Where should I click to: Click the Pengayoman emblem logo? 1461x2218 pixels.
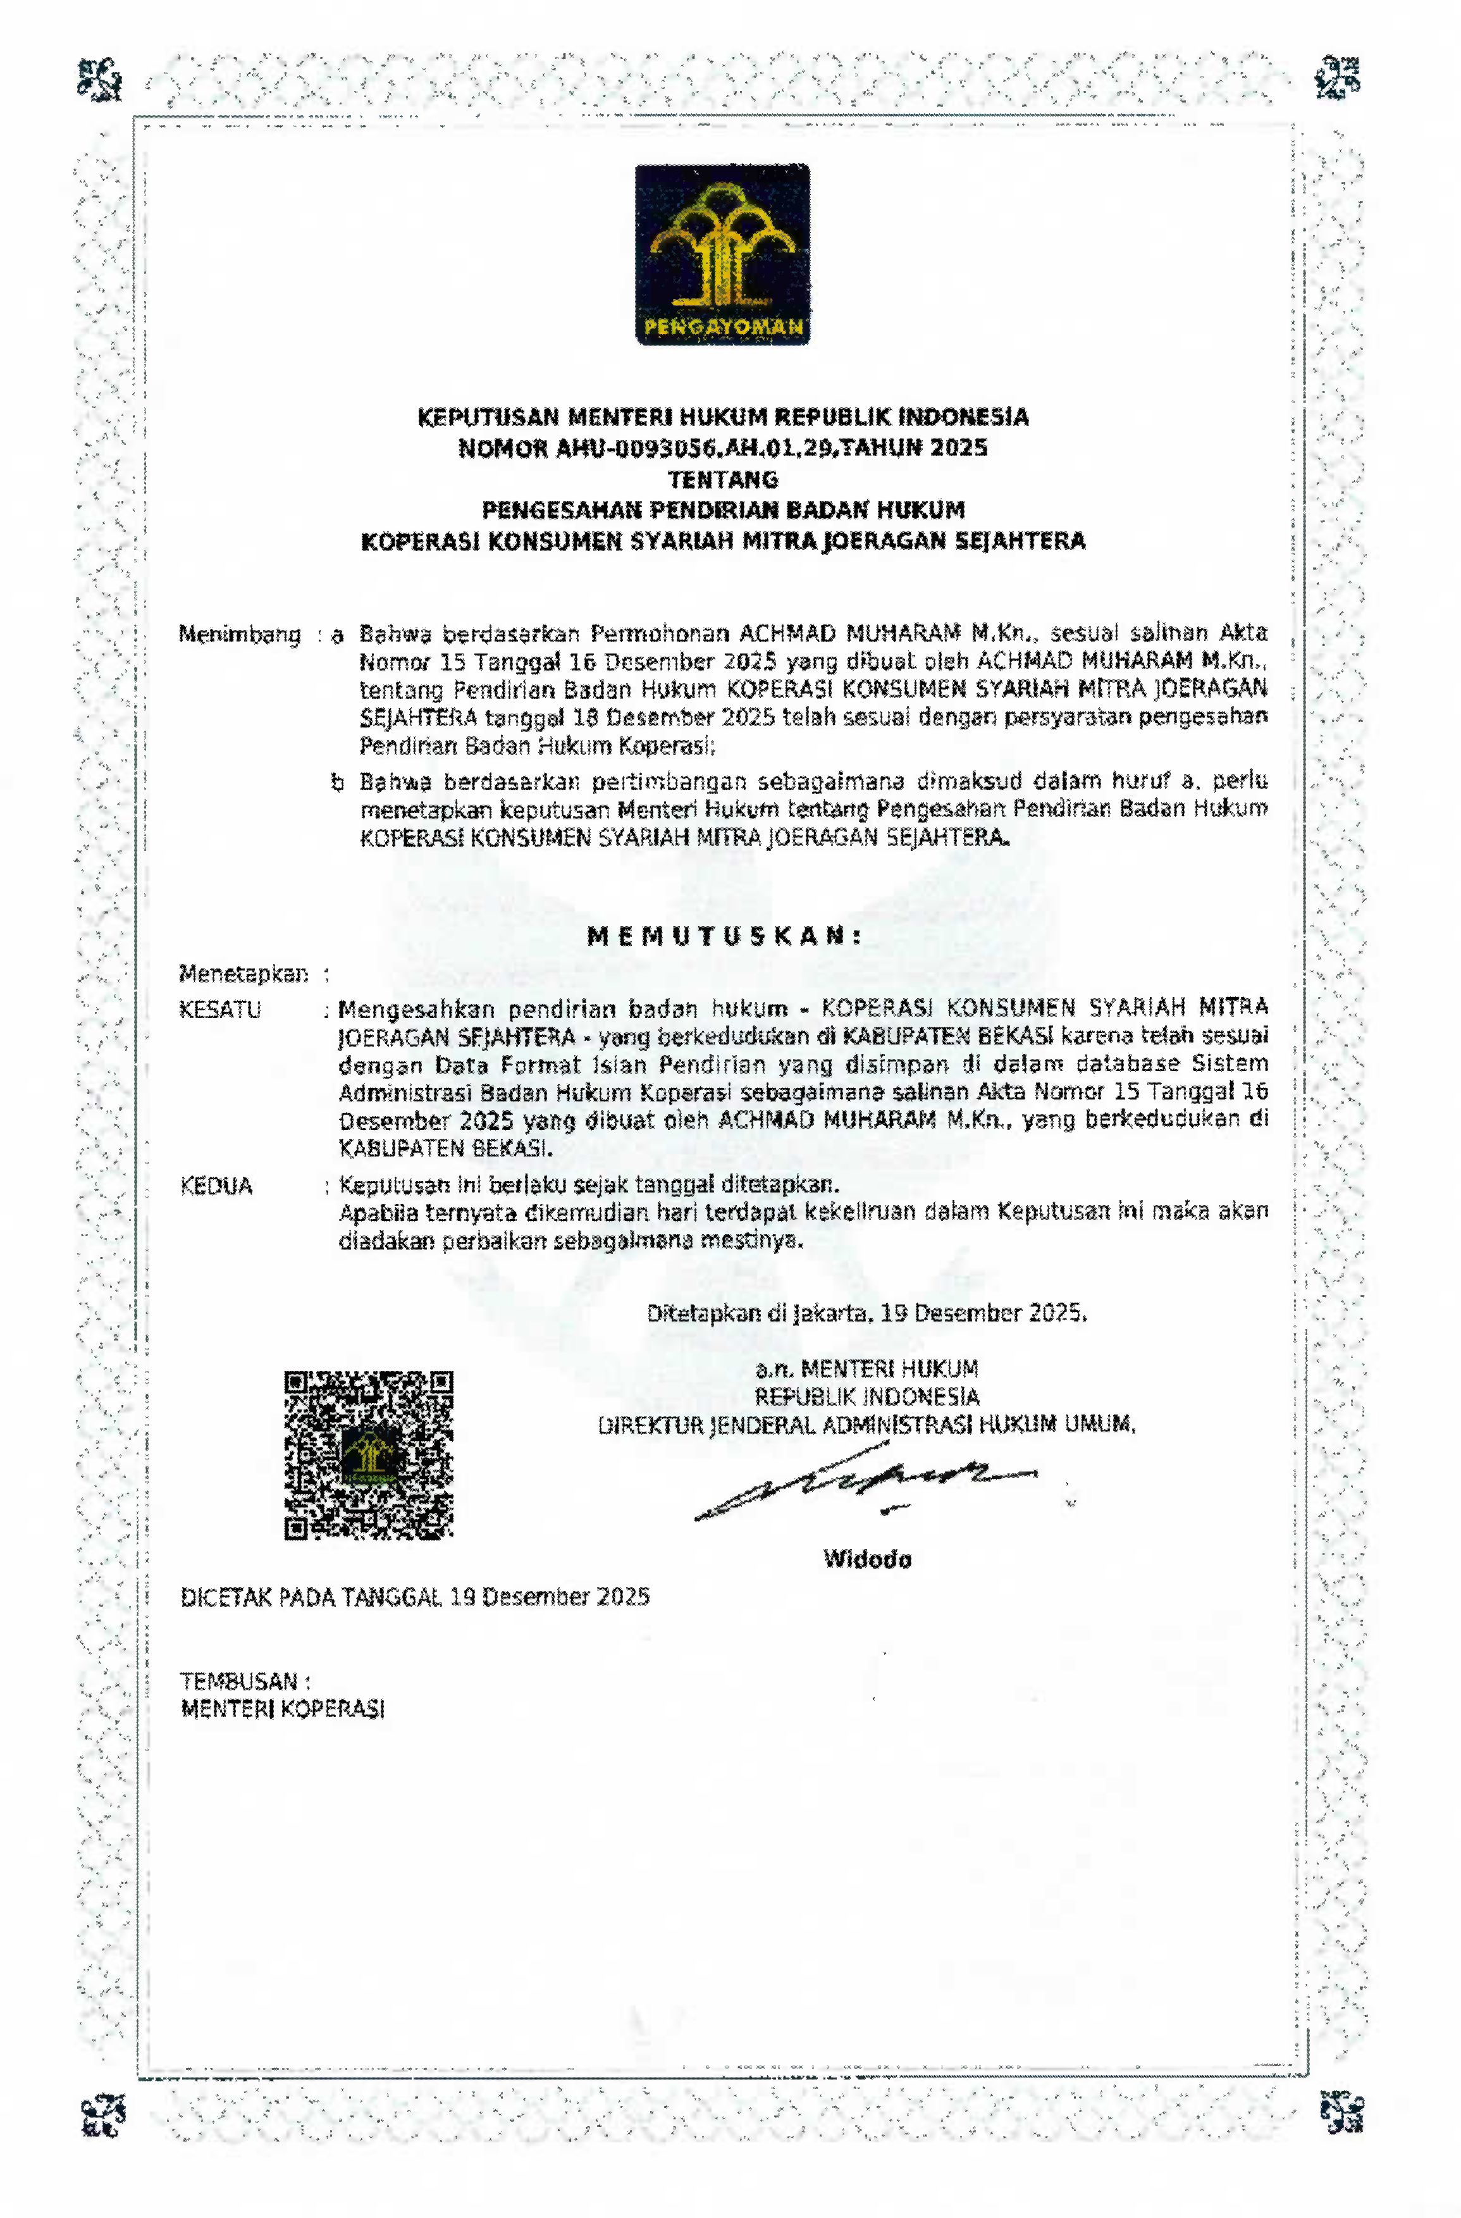[x=722, y=254]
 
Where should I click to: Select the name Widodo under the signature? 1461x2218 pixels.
[x=866, y=1559]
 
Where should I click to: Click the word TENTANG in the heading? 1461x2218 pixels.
[x=723, y=479]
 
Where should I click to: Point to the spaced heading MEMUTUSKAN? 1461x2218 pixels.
[x=723, y=936]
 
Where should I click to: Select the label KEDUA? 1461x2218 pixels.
[x=216, y=1186]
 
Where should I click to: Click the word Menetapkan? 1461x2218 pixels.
[x=244, y=974]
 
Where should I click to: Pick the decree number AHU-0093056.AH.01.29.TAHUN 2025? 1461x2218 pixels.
[x=723, y=449]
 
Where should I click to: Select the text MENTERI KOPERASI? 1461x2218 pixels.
[x=282, y=1709]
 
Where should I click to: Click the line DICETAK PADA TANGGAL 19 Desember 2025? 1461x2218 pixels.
[x=415, y=1596]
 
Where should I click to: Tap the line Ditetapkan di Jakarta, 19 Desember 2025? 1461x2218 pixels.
[x=866, y=1313]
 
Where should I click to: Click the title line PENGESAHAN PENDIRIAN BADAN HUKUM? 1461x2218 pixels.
[x=723, y=510]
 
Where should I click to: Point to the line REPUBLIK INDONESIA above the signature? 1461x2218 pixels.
[x=866, y=1397]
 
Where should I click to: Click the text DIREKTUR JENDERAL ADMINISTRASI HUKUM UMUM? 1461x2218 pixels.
[x=866, y=1424]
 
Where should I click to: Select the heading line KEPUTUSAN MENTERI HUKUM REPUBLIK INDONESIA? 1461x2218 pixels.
[x=723, y=416]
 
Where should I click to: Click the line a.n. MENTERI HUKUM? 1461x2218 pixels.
[x=866, y=1369]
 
